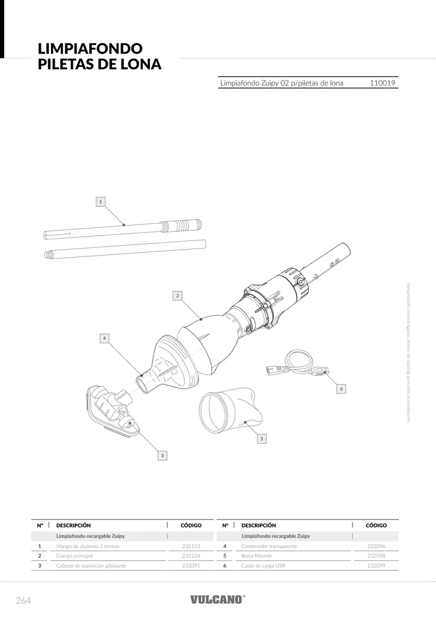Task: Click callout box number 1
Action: [100, 201]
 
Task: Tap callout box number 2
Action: [177, 296]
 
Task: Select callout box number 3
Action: [162, 456]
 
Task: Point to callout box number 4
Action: [104, 338]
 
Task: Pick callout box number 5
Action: [262, 439]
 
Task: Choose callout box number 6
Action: [341, 389]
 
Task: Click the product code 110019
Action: [382, 83]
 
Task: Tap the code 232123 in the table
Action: [191, 546]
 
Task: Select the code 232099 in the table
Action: [376, 565]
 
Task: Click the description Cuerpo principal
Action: [75, 556]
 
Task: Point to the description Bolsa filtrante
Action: [257, 556]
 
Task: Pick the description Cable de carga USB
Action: [263, 565]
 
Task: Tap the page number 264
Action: [23, 600]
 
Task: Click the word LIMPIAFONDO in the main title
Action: [90, 48]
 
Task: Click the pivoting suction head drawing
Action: [112, 410]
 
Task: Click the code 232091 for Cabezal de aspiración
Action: [191, 565]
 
